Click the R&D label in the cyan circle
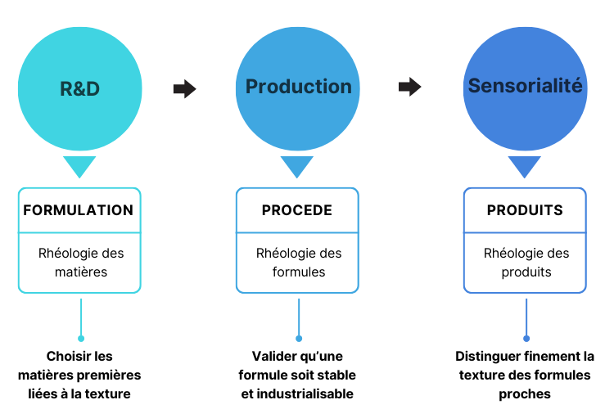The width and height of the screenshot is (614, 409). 79,88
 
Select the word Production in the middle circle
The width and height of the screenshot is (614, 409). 298,87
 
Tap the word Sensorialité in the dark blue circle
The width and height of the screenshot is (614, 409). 525,85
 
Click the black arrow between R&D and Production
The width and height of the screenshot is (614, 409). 184,89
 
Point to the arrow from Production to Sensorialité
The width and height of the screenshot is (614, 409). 409,87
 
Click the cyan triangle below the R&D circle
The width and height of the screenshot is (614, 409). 79,165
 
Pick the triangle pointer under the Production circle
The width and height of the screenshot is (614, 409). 297,165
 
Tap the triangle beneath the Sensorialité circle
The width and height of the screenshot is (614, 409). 524,165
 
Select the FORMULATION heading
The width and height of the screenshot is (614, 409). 79,210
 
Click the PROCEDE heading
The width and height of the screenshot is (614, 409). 297,210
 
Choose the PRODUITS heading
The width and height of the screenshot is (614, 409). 525,210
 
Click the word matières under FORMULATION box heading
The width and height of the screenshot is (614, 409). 81,272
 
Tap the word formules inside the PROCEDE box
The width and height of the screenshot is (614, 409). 299,272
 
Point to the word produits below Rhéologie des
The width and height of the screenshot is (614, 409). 526,272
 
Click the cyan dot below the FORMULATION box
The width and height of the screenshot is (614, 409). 81,339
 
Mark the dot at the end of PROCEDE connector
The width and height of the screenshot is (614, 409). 299,339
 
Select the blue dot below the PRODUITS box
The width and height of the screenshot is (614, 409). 526,339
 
